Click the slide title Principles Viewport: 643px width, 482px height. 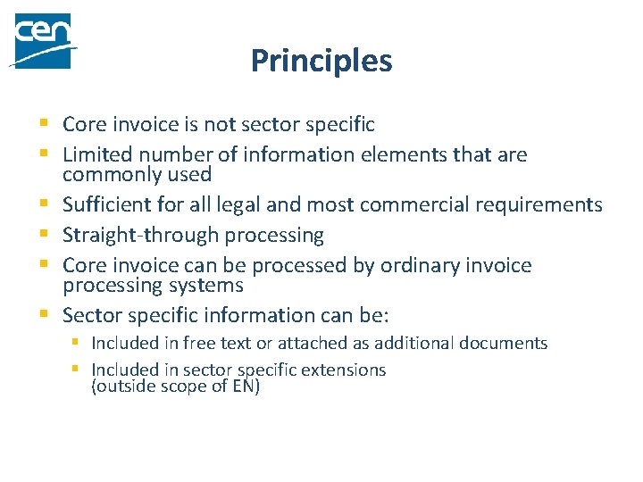pyautogui.click(x=321, y=61)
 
